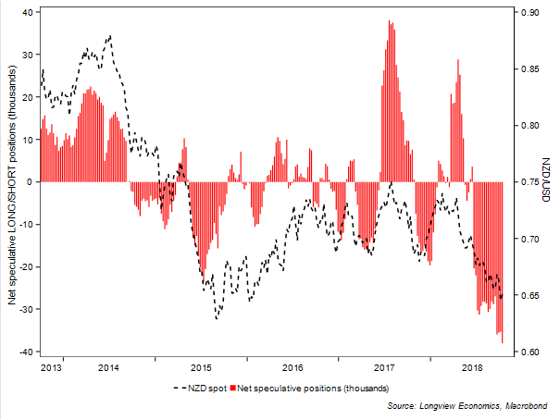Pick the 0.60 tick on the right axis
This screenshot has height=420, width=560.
tap(529, 352)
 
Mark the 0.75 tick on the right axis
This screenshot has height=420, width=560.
tap(529, 182)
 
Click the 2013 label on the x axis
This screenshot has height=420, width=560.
tap(53, 368)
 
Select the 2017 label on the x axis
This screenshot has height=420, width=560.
tap(385, 368)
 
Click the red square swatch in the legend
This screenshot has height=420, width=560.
tap(234, 387)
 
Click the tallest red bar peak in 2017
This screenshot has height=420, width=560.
tap(390, 21)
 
